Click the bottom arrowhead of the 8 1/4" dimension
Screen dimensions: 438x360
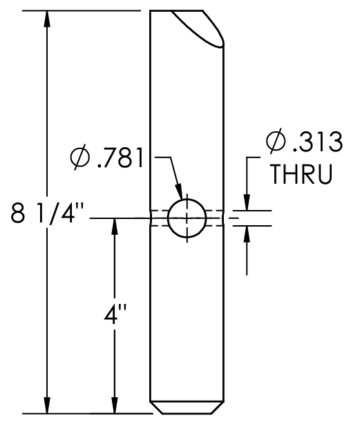[46, 406]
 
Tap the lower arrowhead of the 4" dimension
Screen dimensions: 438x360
[114, 406]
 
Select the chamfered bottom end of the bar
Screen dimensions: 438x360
[187, 408]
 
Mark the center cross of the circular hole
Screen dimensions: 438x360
[187, 218]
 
